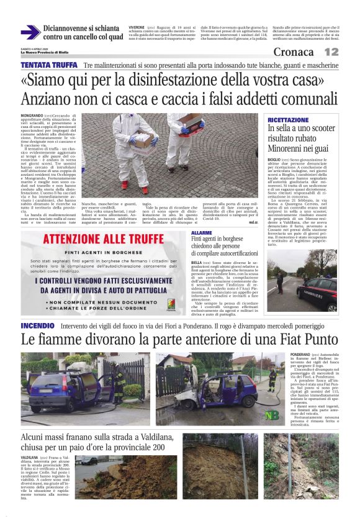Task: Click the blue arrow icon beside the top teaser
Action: [x=30, y=32]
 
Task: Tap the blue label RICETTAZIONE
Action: [x=305, y=119]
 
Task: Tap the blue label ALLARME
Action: [x=202, y=232]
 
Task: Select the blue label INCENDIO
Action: [x=38, y=325]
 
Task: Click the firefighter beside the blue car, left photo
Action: [x=117, y=381]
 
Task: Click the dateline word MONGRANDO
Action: [x=32, y=116]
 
